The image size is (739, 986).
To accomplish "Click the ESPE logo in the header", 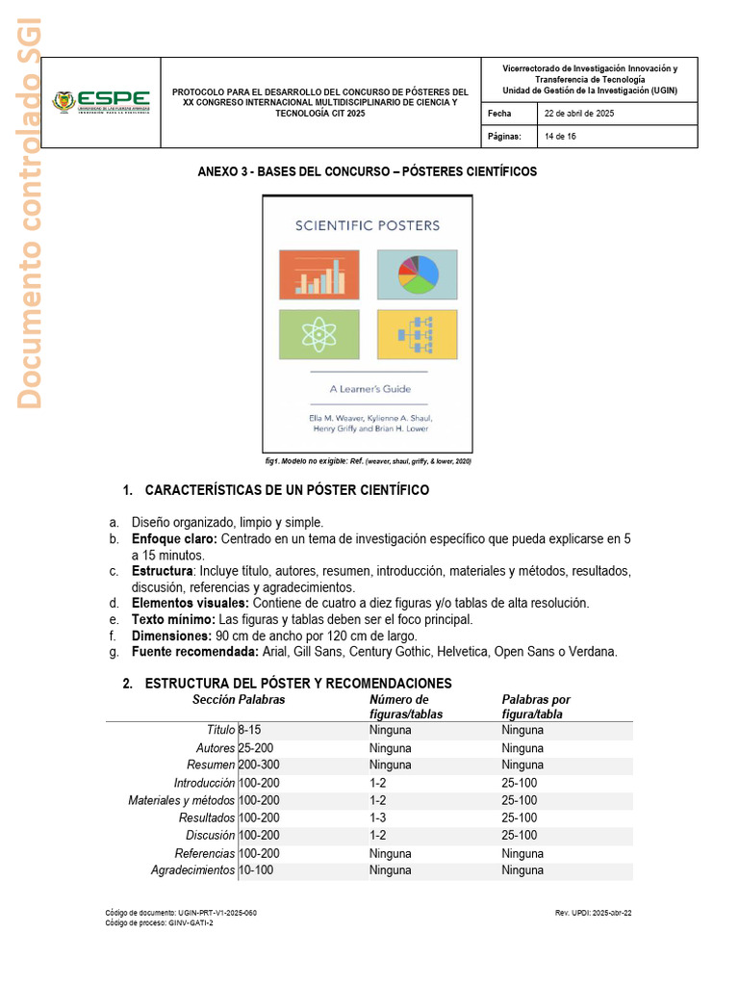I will pos(101,101).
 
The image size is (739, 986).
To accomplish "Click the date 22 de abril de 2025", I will pos(579,114).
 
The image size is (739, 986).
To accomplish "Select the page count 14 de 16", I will pos(562,137).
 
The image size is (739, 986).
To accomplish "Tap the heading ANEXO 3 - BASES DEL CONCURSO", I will pos(367,171).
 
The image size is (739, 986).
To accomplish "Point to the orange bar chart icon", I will pos(319,273).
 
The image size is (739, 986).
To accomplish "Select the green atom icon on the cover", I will pos(319,334).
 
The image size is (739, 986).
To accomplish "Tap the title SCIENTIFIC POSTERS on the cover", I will pos(367,225).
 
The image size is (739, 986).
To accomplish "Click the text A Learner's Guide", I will pos(369,389).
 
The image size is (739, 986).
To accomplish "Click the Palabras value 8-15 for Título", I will pos(249,730).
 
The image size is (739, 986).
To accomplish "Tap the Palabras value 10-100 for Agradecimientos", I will pos(255,869).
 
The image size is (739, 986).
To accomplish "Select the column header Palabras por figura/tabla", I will pos(536,707).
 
